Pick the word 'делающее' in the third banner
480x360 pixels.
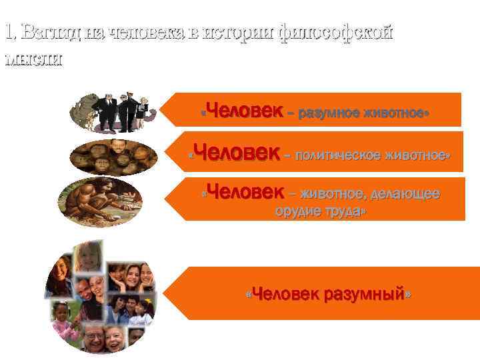pos(407,194)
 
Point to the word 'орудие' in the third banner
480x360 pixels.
pos(296,212)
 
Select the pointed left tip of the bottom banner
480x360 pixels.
pos(165,293)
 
